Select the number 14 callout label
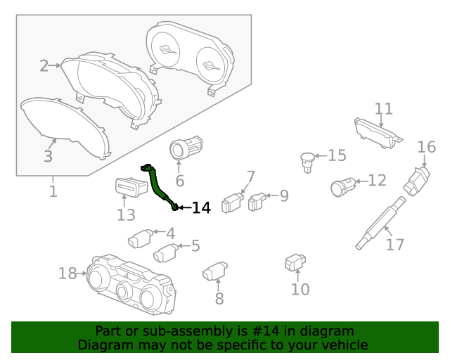coord(201,207)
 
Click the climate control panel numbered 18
coord(130,283)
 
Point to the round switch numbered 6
coord(184,149)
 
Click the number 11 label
coord(383,109)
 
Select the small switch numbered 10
coord(294,263)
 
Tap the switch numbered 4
coord(140,239)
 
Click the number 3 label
coord(48,157)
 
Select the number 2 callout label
coord(44,66)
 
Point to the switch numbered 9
coord(257,202)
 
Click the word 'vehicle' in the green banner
coord(342,345)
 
